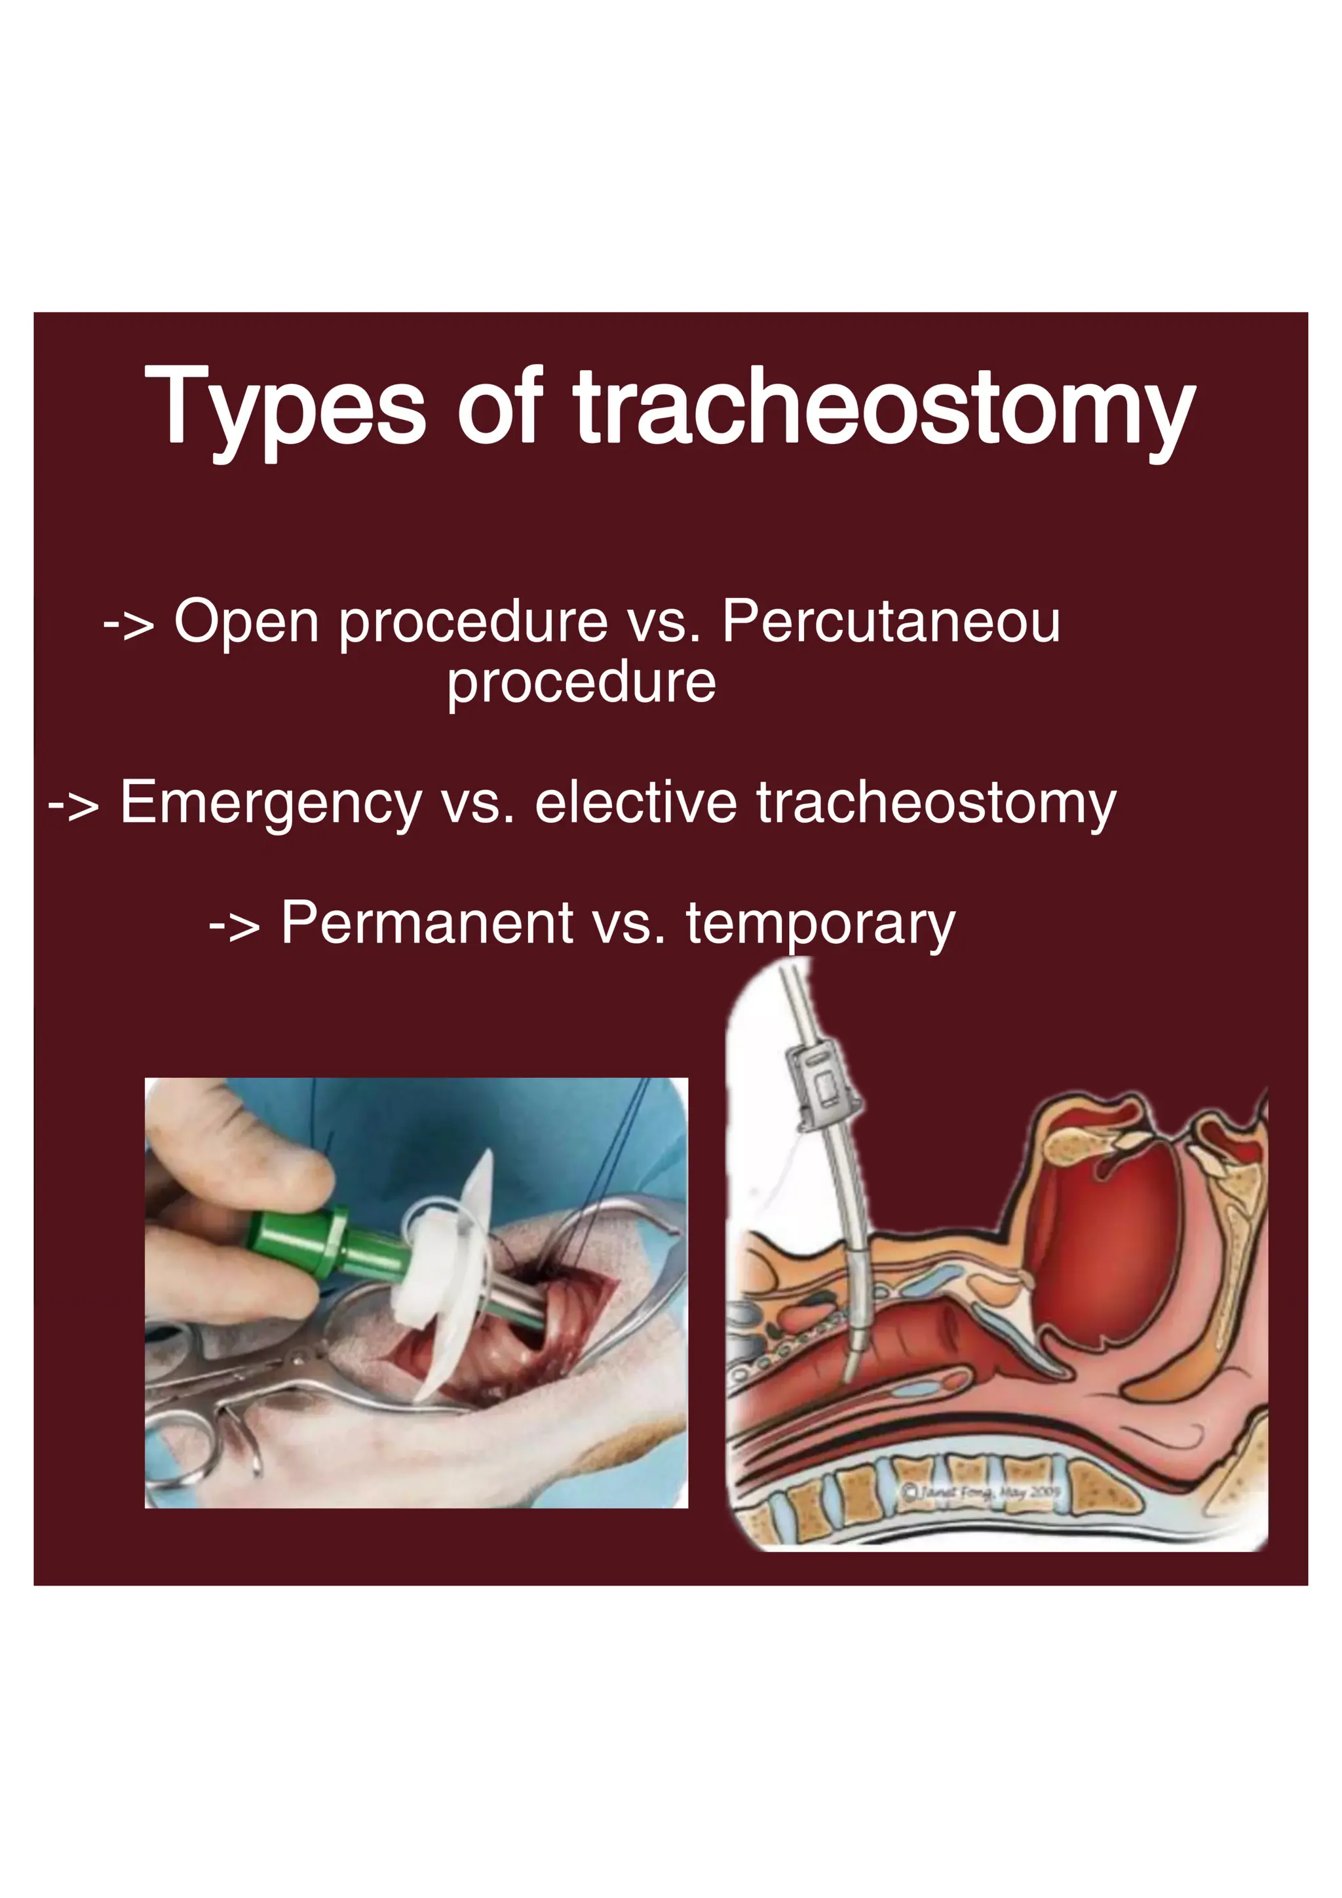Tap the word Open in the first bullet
[246, 622]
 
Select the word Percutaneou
[891, 622]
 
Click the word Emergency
[271, 803]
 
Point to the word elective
[635, 803]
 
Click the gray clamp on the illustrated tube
[821, 1085]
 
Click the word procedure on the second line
[581, 683]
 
